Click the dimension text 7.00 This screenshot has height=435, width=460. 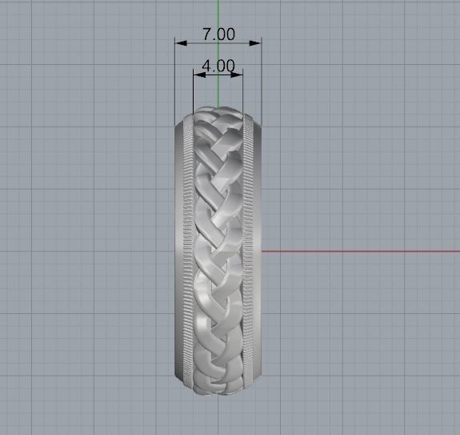[218, 34]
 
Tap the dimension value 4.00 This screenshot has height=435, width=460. [218, 66]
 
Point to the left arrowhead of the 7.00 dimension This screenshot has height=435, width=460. [180, 42]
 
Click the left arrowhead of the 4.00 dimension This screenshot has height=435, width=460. [198, 74]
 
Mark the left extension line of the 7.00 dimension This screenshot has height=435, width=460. [176, 80]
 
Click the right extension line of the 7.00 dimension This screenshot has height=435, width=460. [261, 80]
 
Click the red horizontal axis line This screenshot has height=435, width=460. [360, 251]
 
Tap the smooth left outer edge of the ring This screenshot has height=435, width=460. [178, 248]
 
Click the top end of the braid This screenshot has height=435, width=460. [218, 112]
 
